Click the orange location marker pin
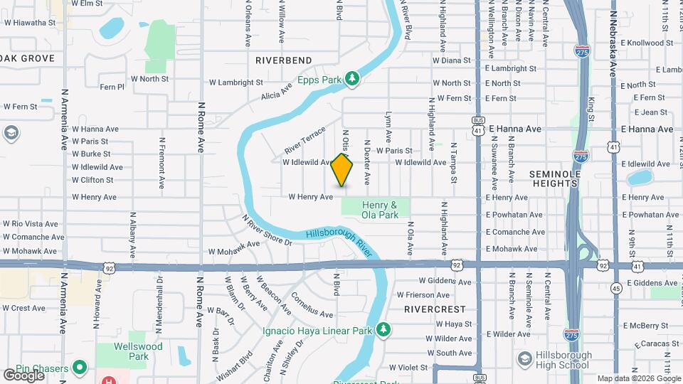342,170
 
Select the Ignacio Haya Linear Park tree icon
384,329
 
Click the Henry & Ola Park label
379,210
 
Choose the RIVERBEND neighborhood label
284,60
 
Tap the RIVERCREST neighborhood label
434,309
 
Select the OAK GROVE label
28,58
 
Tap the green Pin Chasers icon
80,368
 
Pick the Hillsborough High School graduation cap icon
524,360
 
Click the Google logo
23,375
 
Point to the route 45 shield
616,288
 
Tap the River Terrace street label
305,140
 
